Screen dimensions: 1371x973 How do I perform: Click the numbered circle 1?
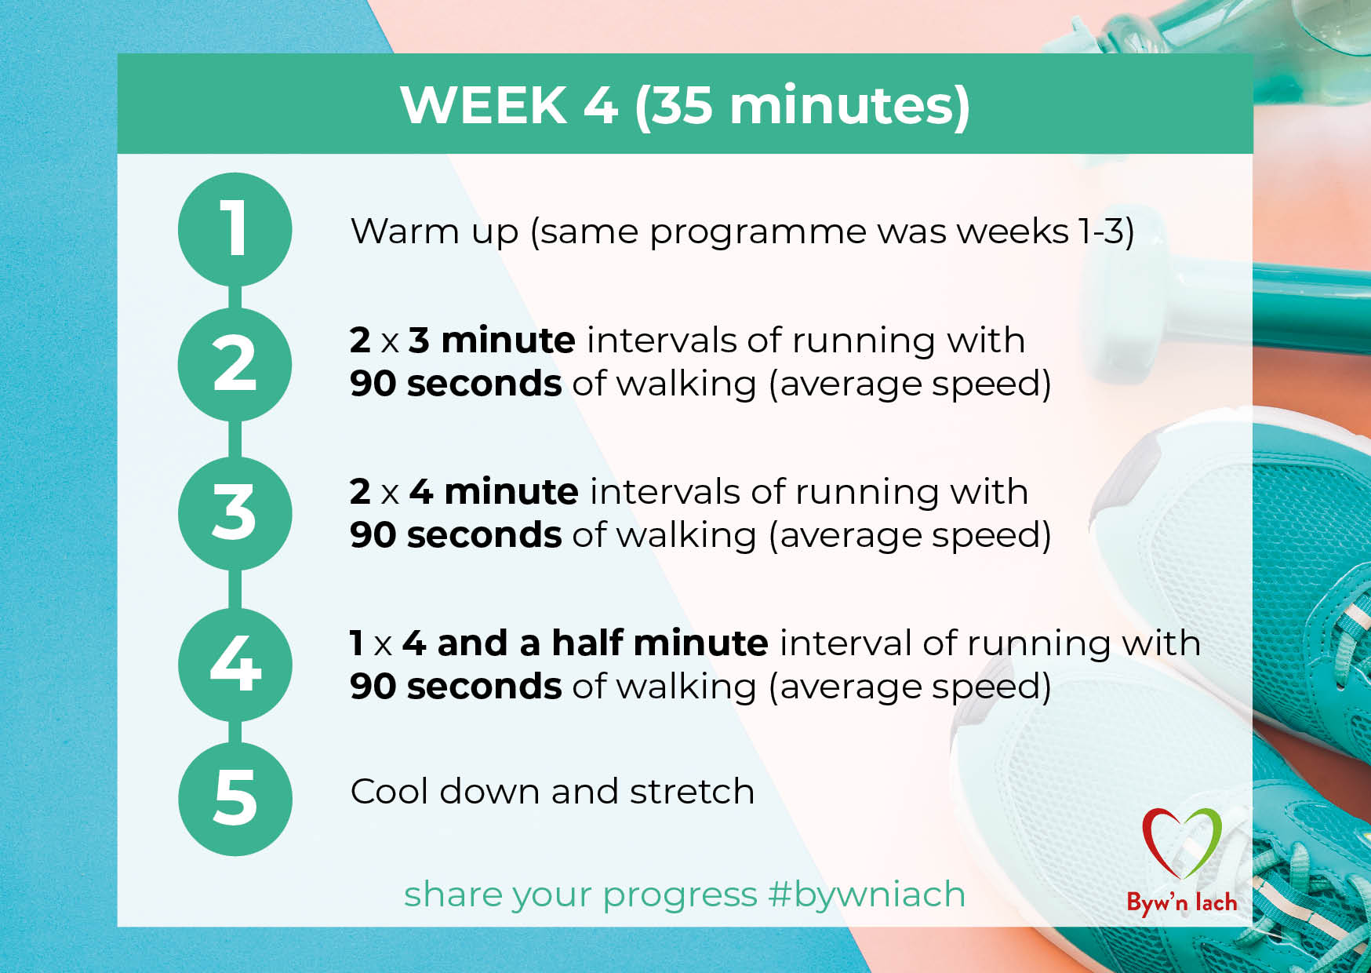click(x=235, y=229)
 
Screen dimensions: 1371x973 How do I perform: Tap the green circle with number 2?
click(x=235, y=364)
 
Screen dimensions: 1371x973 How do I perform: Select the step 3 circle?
click(x=235, y=513)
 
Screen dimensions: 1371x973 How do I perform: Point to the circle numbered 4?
click(x=235, y=665)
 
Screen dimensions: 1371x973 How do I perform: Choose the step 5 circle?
click(x=235, y=799)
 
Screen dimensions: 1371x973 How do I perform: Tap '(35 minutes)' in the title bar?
click(x=802, y=106)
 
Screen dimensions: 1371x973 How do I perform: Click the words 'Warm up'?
click(x=435, y=232)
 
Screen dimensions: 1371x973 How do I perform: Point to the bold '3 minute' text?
click(x=492, y=341)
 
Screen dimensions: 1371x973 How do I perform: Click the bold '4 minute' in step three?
click(x=494, y=492)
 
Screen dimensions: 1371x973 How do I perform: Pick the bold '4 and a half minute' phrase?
click(x=585, y=643)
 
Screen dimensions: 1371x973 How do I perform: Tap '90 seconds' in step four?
click(x=456, y=687)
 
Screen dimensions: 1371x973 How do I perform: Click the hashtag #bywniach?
click(x=867, y=895)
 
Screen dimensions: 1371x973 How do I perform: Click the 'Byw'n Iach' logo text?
click(x=1182, y=902)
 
